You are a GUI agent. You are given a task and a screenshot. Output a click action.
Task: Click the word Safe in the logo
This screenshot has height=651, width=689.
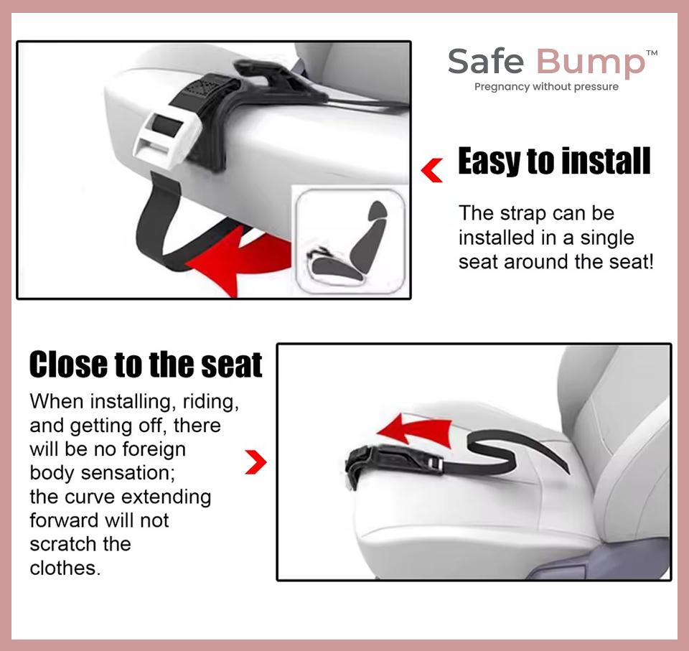(487, 62)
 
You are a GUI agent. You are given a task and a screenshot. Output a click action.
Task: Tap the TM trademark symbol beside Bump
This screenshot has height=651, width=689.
(652, 53)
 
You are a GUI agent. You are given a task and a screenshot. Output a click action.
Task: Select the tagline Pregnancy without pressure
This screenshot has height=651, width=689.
(546, 87)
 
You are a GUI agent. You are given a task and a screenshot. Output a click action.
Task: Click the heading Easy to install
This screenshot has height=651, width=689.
(554, 161)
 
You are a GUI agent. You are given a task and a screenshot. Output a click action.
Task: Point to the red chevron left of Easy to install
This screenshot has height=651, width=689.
(432, 171)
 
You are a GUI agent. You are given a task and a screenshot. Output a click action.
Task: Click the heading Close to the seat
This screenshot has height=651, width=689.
(146, 365)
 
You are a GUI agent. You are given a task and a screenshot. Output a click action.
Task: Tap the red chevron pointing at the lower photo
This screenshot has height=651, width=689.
(256, 463)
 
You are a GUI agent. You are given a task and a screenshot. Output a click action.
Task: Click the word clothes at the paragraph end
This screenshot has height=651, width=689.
(63, 568)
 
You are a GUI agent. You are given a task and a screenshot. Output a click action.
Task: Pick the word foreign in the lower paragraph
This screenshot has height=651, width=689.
(151, 449)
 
